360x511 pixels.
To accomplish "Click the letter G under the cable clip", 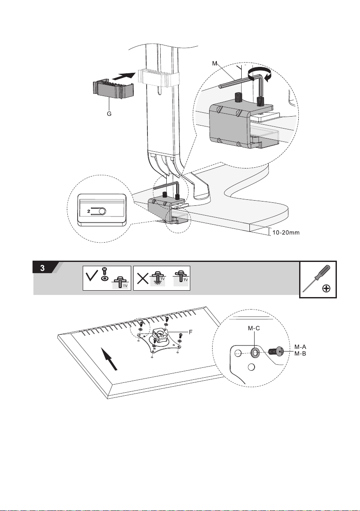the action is [109, 114].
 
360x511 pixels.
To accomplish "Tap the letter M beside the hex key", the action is [215, 63].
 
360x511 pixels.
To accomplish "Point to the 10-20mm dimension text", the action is [286, 233].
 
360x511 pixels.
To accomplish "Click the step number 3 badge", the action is [43, 268].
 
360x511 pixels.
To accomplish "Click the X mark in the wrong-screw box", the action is [142, 278].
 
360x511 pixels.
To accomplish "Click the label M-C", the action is [254, 328].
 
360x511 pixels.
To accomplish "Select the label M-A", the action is [300, 347].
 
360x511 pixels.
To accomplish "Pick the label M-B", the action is [300, 354].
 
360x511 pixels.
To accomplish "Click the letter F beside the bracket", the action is [191, 332].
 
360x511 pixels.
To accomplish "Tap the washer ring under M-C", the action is [255, 352].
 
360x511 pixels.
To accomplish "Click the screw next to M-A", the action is [276, 352].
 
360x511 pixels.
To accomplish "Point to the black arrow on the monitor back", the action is [109, 358].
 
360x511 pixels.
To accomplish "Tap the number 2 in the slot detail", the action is [89, 211].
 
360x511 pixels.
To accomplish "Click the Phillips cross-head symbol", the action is [326, 289].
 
